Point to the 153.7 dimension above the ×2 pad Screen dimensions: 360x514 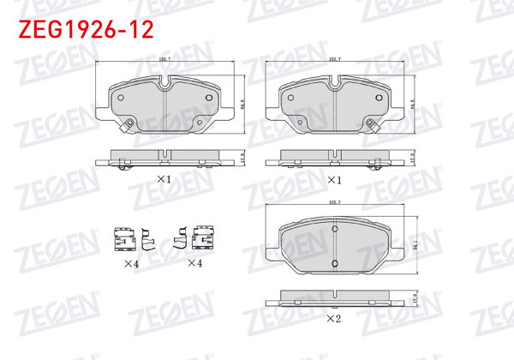tap(336, 202)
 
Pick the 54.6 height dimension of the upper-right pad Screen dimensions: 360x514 tap(414, 105)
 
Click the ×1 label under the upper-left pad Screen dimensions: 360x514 tap(164, 180)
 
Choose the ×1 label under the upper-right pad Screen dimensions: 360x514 tap(335, 180)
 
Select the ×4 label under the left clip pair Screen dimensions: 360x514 tap(130, 263)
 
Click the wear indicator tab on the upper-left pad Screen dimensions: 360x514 tap(128, 128)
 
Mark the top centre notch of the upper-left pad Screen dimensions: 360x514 tap(164, 84)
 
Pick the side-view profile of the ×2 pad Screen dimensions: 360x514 tap(336, 301)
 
